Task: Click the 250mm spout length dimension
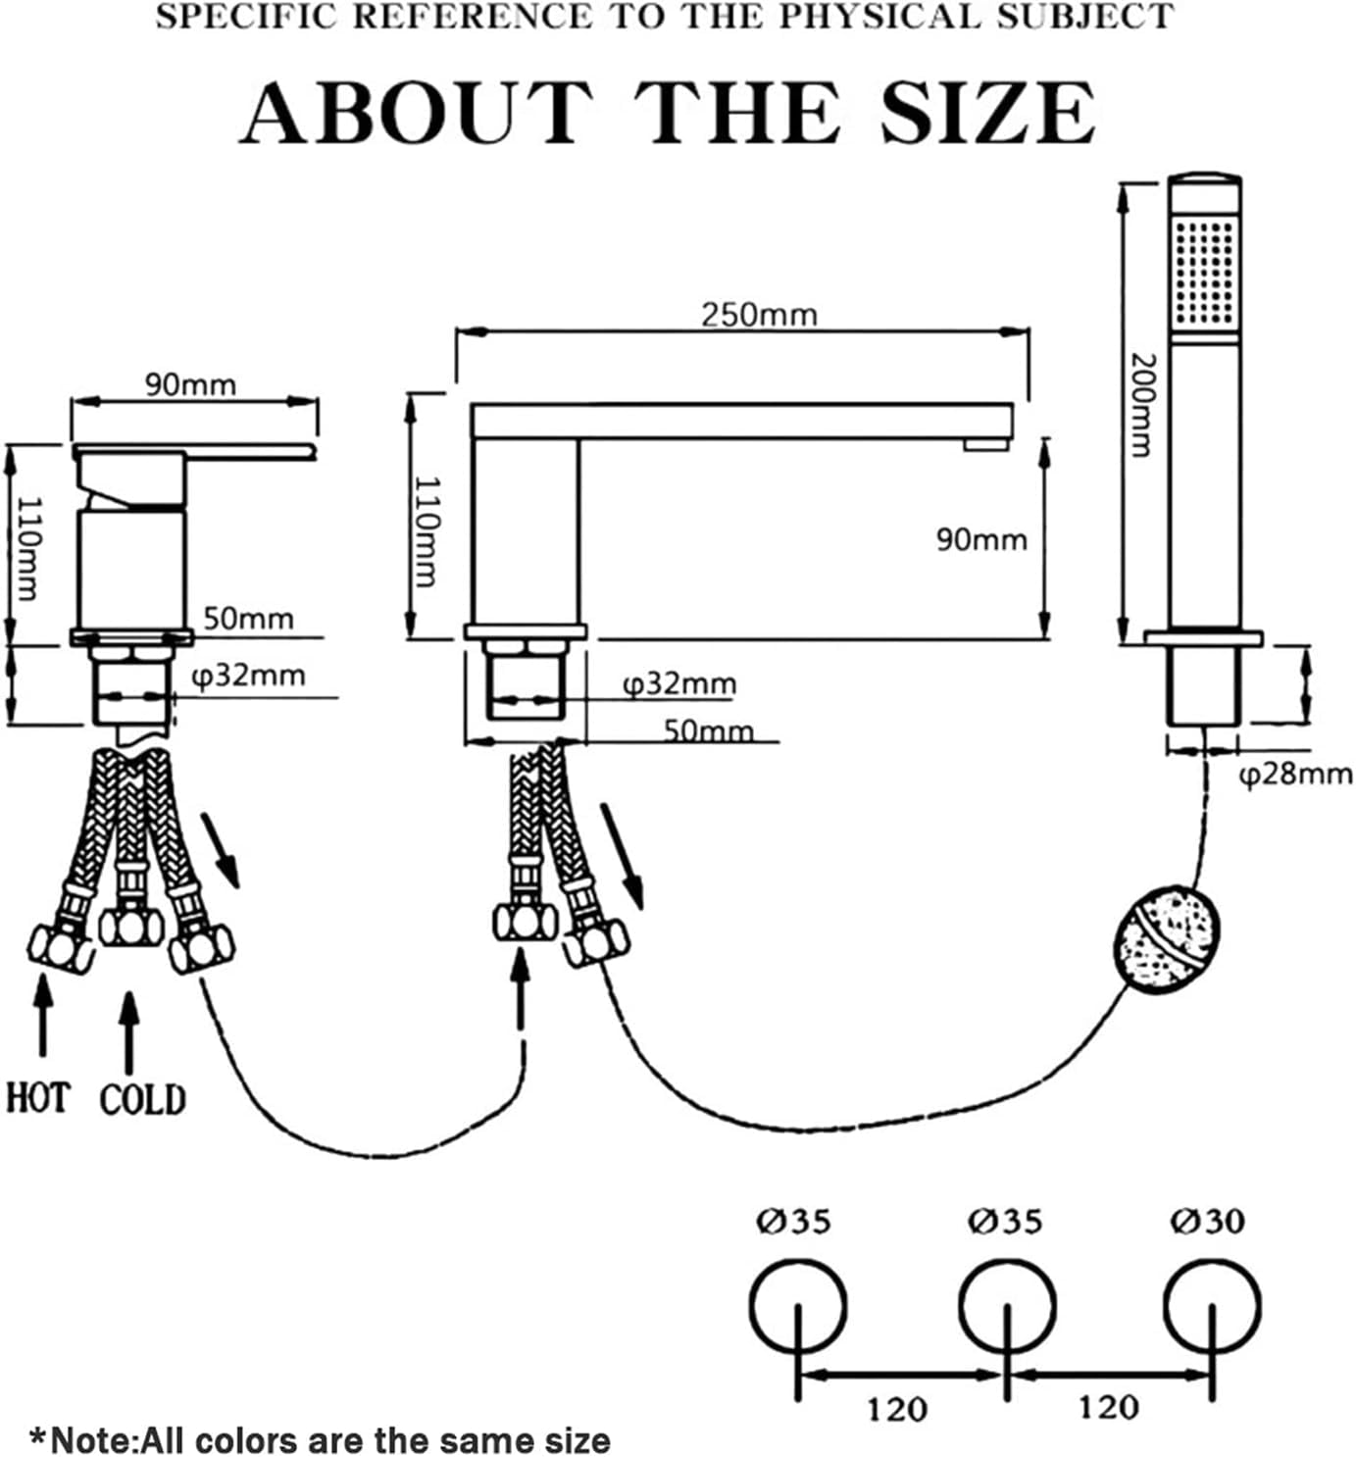pyautogui.click(x=760, y=316)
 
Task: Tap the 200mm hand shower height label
pyautogui.click(x=1142, y=406)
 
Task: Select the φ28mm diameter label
pyautogui.click(x=1295, y=775)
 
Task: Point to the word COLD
pyautogui.click(x=143, y=1099)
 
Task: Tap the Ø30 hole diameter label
pyautogui.click(x=1207, y=1221)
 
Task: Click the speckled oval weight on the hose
pyautogui.click(x=1167, y=939)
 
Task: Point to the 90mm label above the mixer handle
pyautogui.click(x=191, y=384)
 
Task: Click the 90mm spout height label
pyautogui.click(x=981, y=540)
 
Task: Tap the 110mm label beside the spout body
pyautogui.click(x=427, y=531)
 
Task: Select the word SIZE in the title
pyautogui.click(x=987, y=113)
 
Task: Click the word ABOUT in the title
pyautogui.click(x=416, y=113)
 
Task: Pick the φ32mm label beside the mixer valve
pyautogui.click(x=249, y=676)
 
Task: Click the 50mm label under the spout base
pyautogui.click(x=709, y=731)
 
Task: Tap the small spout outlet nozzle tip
pyautogui.click(x=985, y=444)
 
